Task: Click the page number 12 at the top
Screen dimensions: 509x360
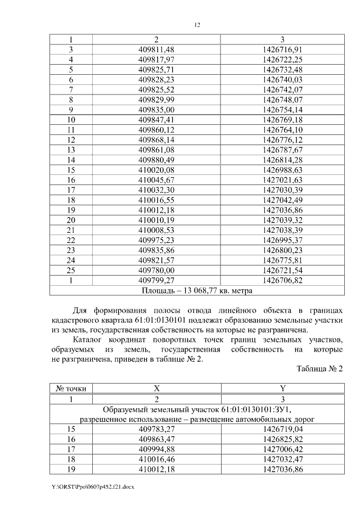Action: [x=197, y=25]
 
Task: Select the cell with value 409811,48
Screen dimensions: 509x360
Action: [x=157, y=49]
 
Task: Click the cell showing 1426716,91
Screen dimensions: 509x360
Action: [x=282, y=49]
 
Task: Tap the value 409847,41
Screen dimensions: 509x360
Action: [x=157, y=120]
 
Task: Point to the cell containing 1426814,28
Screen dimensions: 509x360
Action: [x=282, y=160]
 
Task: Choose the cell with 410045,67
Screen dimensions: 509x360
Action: [x=157, y=180]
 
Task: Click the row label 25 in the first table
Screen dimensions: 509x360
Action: [x=71, y=270]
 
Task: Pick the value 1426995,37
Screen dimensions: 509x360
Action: [x=282, y=240]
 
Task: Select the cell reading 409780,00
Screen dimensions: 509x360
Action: [x=157, y=270]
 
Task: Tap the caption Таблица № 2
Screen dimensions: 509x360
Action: [x=318, y=369]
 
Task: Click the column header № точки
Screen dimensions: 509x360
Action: [x=71, y=388]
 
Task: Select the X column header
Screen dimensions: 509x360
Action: [x=157, y=388]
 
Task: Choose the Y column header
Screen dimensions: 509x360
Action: [x=282, y=388]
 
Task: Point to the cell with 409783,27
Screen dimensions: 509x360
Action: [x=157, y=429]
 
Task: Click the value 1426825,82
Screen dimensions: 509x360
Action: [x=282, y=439]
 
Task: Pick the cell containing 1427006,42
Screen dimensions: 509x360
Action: [x=282, y=449]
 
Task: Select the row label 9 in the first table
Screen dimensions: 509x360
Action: [x=71, y=110]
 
